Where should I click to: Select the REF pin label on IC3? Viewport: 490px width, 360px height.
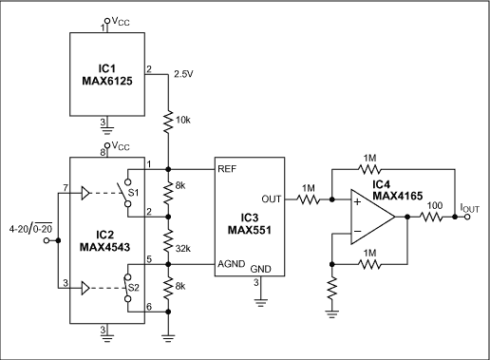click(229, 169)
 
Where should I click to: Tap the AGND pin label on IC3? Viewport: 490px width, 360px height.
click(233, 263)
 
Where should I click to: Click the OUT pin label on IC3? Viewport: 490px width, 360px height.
click(272, 199)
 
